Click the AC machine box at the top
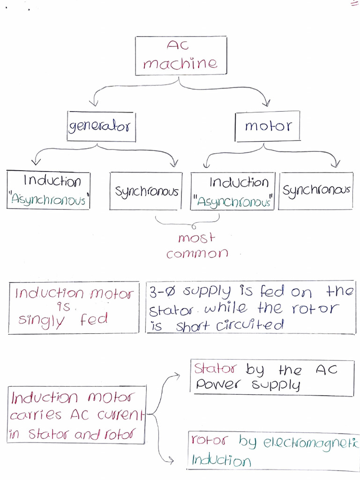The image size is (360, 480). click(180, 55)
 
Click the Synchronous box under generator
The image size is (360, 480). click(146, 191)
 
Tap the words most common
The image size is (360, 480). click(197, 246)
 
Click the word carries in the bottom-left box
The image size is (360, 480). click(36, 415)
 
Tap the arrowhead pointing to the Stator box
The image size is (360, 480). click(177, 375)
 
